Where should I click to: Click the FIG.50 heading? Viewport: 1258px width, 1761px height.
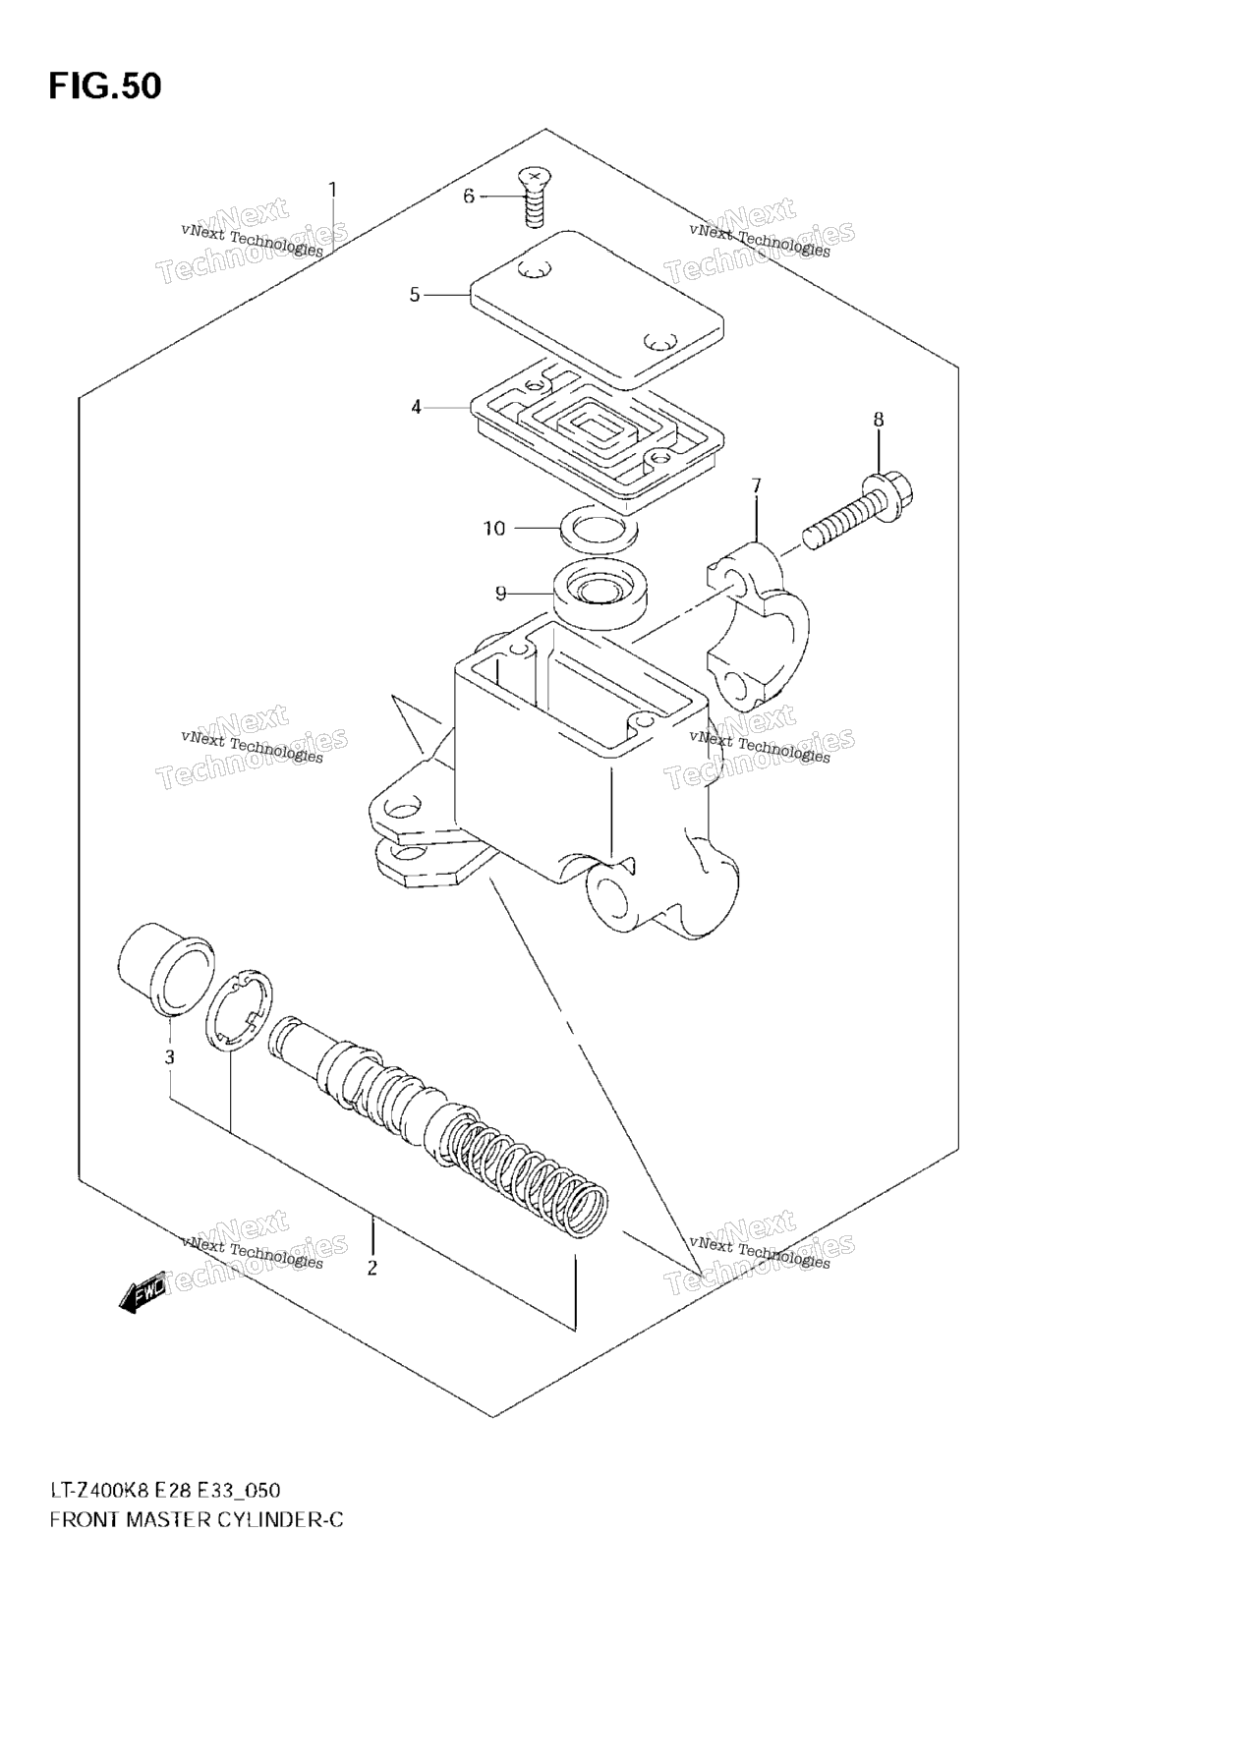click(104, 85)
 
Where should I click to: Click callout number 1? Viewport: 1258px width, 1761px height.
click(332, 189)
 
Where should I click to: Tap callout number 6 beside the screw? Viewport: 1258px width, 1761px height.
click(469, 197)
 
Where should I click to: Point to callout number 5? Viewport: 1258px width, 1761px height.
click(415, 295)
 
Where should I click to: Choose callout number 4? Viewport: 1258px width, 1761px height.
click(416, 406)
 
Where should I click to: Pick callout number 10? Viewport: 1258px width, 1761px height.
click(494, 529)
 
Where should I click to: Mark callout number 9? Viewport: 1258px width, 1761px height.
click(500, 593)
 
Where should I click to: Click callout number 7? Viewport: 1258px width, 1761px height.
click(756, 485)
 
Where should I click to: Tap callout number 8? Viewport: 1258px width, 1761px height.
click(879, 420)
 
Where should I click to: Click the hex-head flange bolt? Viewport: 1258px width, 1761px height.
click(860, 512)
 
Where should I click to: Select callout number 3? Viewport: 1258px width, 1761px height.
click(170, 1057)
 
